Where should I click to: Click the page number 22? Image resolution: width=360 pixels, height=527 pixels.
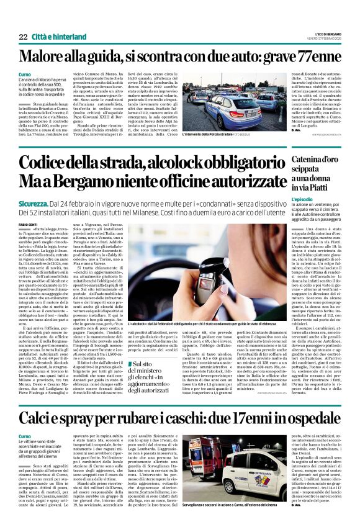23,37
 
